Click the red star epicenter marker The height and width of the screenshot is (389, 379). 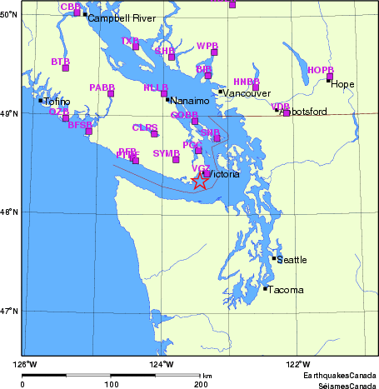point(199,181)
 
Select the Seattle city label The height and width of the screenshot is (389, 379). point(292,260)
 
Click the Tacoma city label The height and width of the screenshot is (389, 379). point(285,290)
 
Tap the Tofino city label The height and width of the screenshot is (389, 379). point(56,102)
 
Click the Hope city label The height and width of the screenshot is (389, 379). point(342,84)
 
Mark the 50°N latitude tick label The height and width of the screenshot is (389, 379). point(11,15)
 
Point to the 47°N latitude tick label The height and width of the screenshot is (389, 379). point(11,311)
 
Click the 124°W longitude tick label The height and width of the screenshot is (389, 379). point(162,364)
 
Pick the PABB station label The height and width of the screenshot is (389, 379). point(102,87)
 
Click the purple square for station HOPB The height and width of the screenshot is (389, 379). point(330,77)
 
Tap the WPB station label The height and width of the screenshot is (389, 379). point(207,45)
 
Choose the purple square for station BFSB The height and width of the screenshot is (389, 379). point(88,131)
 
